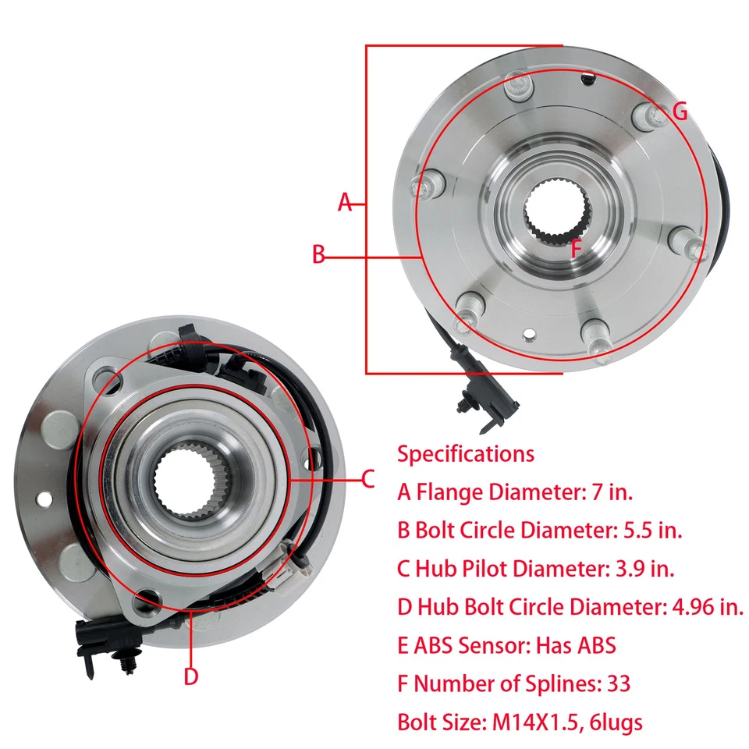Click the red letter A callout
[345, 203]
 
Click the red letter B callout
[318, 254]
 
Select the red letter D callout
[191, 676]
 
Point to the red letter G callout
[680, 112]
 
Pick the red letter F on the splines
[576, 250]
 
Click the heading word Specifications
[466, 453]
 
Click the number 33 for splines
[618, 684]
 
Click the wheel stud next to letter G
[653, 117]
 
